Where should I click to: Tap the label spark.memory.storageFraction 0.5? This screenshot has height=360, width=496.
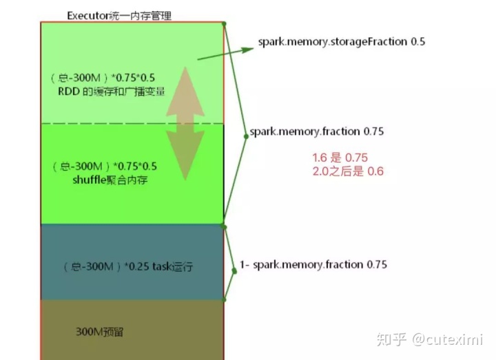[341, 41]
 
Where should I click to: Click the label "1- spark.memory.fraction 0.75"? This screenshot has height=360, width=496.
[313, 264]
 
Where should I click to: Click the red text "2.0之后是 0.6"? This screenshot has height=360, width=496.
[348, 171]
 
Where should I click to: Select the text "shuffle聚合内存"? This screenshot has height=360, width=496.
[110, 180]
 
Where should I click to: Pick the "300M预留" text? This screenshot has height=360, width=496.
[100, 332]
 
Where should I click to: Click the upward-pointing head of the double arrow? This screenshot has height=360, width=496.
[185, 83]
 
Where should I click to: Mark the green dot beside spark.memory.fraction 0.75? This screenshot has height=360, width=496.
[245, 136]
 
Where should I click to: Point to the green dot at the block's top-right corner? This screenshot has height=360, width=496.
[224, 23]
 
